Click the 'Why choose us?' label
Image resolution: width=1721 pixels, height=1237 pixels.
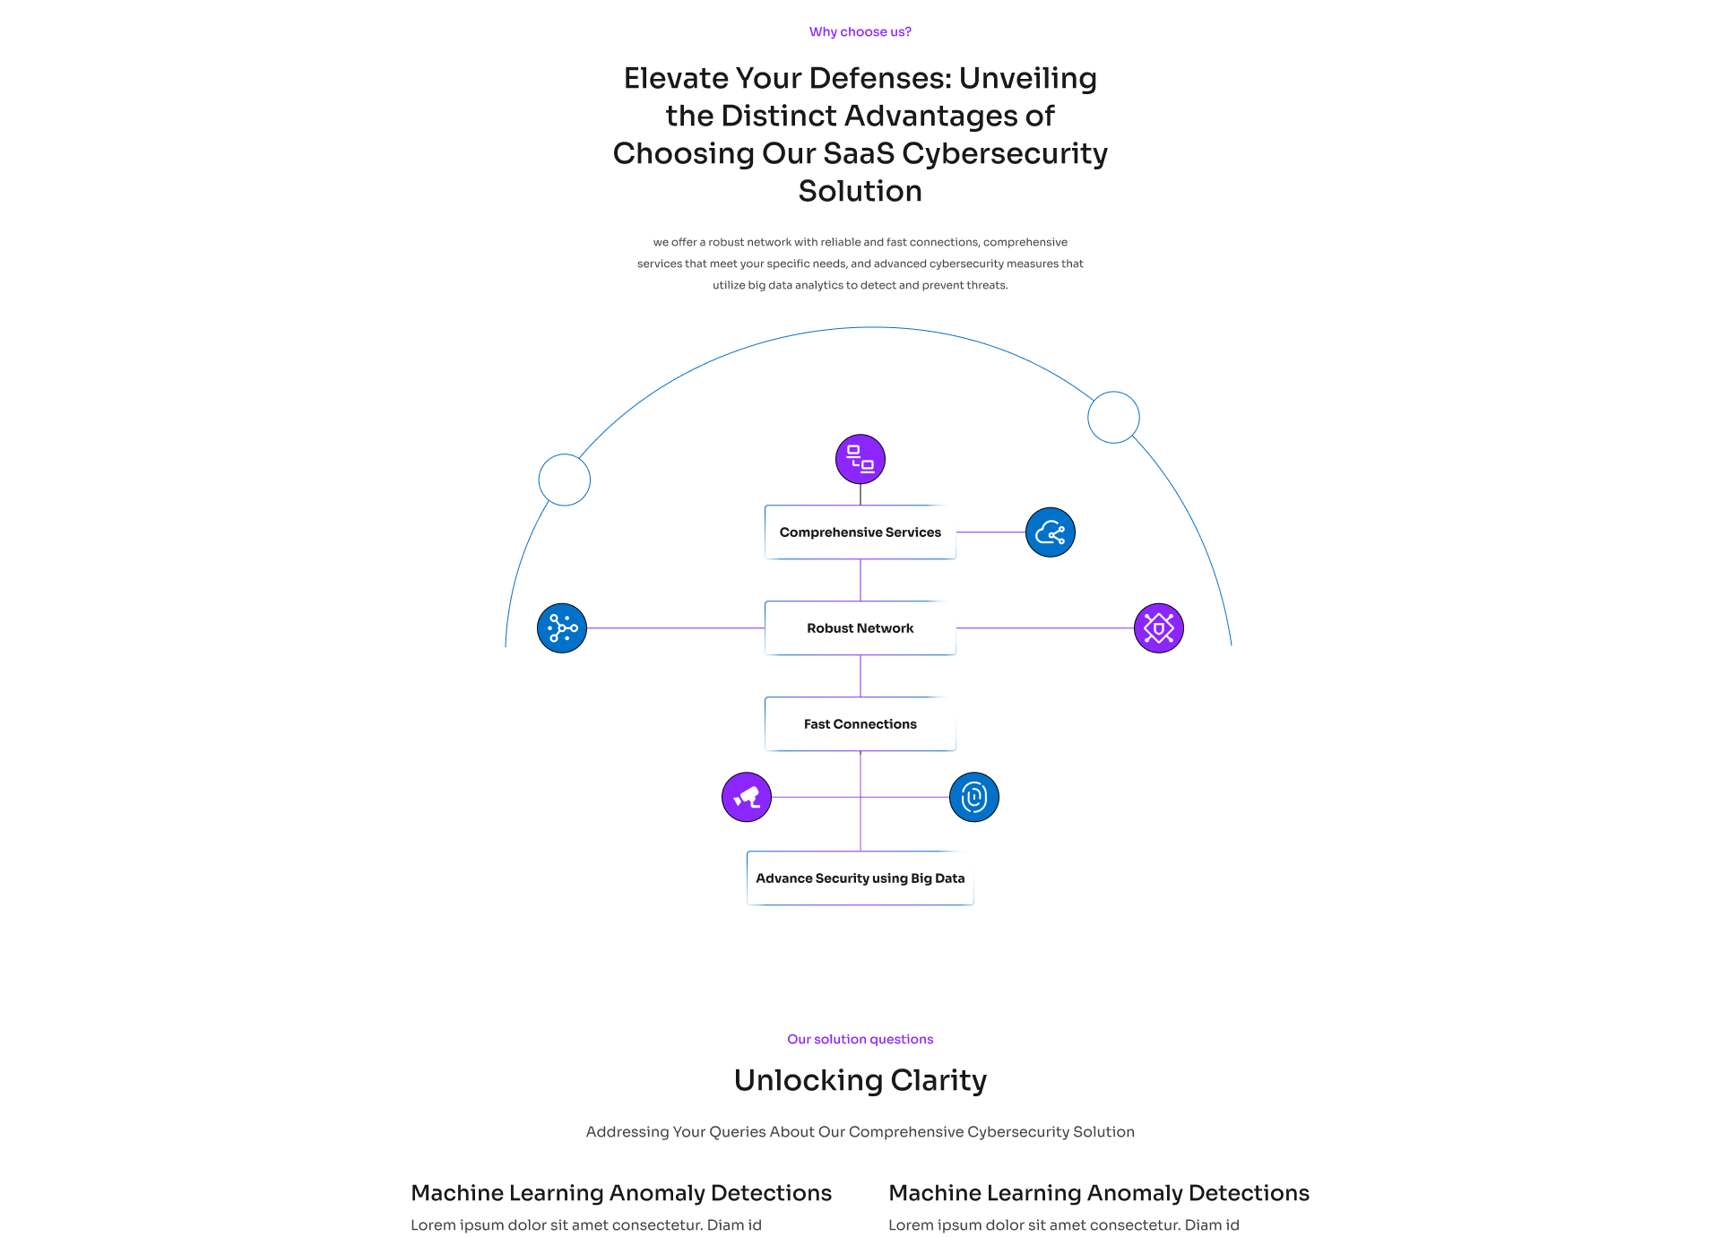[860, 32]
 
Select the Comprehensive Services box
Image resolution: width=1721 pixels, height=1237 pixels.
[860, 532]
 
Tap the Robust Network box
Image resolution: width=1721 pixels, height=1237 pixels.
[860, 628]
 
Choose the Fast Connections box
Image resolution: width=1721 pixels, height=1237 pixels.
[860, 724]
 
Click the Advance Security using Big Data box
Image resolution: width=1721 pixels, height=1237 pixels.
[860, 878]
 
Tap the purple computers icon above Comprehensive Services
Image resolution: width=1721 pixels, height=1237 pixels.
[860, 460]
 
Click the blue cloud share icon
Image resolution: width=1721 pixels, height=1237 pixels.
[1050, 532]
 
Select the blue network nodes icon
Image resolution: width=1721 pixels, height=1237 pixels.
[562, 628]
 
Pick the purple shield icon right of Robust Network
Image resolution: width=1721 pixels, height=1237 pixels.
[1158, 628]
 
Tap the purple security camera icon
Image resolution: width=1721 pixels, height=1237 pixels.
[747, 797]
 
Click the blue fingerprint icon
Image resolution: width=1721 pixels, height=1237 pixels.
[973, 797]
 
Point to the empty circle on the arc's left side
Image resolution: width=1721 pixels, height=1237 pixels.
[565, 480]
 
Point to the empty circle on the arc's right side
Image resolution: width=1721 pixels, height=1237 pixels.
[1113, 417]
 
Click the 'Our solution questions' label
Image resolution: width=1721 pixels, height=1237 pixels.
[860, 1040]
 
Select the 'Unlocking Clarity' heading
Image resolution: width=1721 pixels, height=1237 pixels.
[860, 1081]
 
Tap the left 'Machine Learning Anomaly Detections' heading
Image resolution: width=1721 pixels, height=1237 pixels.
[621, 1193]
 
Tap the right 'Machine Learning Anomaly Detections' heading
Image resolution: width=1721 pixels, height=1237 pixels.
[1099, 1193]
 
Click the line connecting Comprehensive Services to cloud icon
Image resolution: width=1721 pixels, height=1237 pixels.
[990, 532]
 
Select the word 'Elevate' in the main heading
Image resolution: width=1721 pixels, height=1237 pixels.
[676, 79]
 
